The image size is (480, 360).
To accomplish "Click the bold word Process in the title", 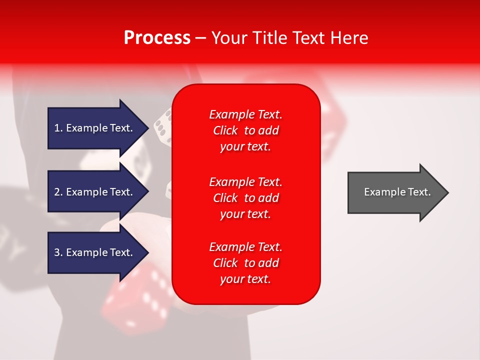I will [x=157, y=38].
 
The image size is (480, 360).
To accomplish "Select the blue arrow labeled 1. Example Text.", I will [x=95, y=128].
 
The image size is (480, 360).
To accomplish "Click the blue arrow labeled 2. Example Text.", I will [x=95, y=192].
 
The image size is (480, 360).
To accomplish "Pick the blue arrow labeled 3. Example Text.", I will [x=95, y=252].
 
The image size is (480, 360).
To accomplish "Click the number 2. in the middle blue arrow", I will [x=58, y=192].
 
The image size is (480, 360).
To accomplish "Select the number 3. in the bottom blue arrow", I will [x=58, y=252].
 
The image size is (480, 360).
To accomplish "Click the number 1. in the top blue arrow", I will [x=58, y=128].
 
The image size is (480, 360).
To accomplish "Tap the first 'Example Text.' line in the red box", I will [x=245, y=114].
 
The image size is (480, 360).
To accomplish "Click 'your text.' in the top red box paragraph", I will [x=245, y=147].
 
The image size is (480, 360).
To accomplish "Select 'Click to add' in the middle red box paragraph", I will [x=245, y=198].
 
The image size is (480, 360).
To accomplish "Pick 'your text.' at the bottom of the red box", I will [x=245, y=279].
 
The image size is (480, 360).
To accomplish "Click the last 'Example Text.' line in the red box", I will [x=245, y=247].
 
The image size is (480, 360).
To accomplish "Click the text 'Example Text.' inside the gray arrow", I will [x=397, y=192].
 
